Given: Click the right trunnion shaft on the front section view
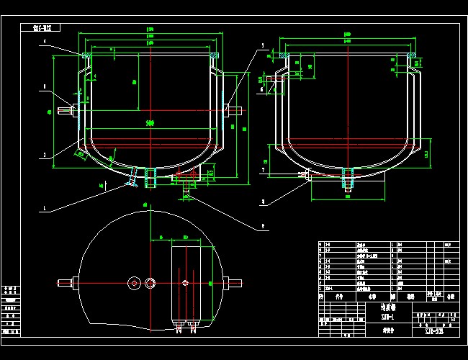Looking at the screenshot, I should pos(236,110).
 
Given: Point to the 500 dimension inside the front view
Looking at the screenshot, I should pos(150,124).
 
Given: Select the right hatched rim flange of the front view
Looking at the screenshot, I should pos(214,55).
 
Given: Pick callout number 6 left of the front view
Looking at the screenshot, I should pos(45,86).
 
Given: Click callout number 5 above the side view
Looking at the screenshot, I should pos(263,45).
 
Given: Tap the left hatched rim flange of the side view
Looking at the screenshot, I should pos(287,55).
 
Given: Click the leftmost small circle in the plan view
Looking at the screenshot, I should pos(134,283).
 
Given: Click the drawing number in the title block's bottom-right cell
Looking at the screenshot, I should pos(431,330).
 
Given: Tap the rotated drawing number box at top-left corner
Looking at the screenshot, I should pos(48,29).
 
